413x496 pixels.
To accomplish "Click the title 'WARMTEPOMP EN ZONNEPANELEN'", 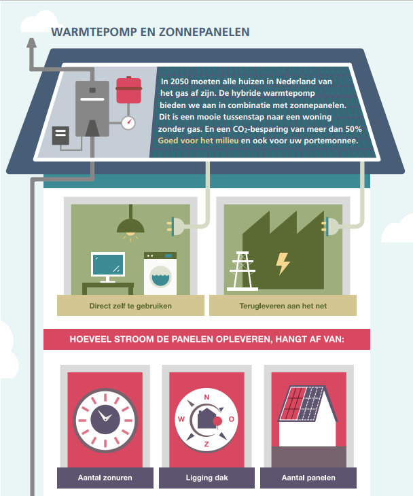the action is click(x=151, y=32).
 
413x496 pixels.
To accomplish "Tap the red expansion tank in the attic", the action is click(x=128, y=90).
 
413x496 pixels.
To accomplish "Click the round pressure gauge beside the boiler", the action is click(x=128, y=122).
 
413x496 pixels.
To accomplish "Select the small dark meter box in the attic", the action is click(x=60, y=135).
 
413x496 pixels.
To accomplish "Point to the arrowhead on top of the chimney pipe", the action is click(x=31, y=43).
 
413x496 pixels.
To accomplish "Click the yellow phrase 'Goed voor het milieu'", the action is click(x=198, y=141).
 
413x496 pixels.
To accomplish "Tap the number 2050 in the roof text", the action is click(x=179, y=82).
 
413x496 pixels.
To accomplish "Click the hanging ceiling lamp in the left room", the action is click(x=130, y=223).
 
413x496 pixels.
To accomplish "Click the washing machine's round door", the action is click(x=160, y=276).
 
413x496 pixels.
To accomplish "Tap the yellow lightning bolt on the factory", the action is click(x=283, y=263).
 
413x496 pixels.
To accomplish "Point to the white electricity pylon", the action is click(x=243, y=271).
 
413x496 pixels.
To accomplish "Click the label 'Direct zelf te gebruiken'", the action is click(x=130, y=306).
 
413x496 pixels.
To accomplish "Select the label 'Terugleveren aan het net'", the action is click(x=283, y=306).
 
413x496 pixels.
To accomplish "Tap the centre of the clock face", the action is click(x=105, y=420).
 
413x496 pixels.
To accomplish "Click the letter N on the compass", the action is click(x=206, y=397).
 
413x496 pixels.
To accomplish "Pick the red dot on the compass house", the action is click(x=217, y=421).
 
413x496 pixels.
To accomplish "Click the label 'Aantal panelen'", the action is click(x=308, y=478).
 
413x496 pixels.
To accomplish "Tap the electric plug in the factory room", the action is click(x=329, y=226).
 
